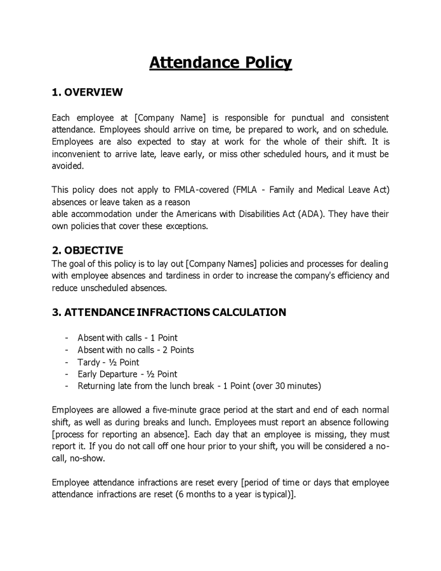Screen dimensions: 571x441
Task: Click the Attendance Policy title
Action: pyautogui.click(x=220, y=63)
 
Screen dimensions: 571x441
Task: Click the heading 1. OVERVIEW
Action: pyautogui.click(x=87, y=93)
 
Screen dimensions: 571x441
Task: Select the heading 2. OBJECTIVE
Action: pyautogui.click(x=88, y=250)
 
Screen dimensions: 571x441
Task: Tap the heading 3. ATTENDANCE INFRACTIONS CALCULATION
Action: pyautogui.click(x=169, y=312)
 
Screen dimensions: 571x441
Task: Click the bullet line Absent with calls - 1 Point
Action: pyautogui.click(x=128, y=338)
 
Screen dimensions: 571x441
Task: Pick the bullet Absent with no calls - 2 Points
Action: pyautogui.click(x=136, y=350)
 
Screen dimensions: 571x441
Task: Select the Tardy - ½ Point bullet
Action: pyautogui.click(x=109, y=362)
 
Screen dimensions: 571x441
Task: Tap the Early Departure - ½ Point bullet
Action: pyautogui.click(x=128, y=374)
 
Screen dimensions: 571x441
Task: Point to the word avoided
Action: pyautogui.click(x=67, y=166)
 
